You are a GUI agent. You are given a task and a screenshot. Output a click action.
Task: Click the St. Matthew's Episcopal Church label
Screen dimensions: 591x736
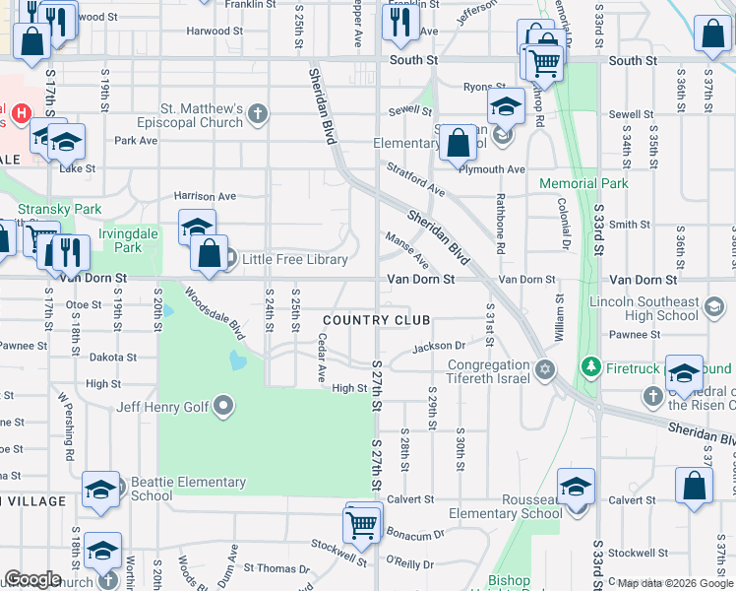click(x=202, y=115)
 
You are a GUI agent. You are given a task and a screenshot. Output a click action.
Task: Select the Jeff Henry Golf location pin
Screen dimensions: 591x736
click(x=223, y=406)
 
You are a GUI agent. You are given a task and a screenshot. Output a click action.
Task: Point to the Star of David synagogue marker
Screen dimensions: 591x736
click(x=545, y=369)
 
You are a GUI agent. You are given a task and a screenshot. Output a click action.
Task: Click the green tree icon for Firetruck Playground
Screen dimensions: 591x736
click(x=590, y=366)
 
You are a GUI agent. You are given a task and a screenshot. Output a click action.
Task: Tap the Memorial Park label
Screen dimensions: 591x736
click(x=583, y=183)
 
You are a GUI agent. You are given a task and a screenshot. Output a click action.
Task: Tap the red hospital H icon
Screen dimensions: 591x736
click(x=19, y=116)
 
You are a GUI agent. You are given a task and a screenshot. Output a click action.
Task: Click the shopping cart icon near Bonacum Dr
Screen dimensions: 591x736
click(x=363, y=522)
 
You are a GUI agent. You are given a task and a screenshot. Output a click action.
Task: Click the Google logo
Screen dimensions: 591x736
click(x=32, y=579)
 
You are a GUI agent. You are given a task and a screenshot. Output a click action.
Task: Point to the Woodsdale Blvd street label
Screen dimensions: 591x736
click(x=214, y=314)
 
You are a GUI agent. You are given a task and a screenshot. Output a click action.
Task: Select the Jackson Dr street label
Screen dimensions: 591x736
click(x=438, y=346)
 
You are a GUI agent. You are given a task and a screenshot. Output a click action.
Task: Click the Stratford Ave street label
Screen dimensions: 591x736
click(x=415, y=180)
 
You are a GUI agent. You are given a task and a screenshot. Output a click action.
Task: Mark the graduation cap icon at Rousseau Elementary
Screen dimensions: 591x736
click(x=576, y=488)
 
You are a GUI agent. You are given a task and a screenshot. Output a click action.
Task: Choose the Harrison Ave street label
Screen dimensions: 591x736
click(x=205, y=196)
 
